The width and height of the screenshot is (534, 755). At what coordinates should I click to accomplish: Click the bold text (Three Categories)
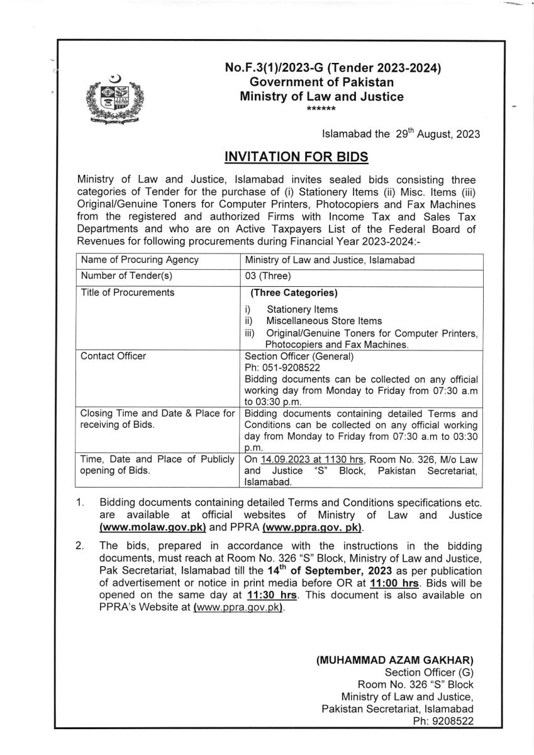click(x=294, y=293)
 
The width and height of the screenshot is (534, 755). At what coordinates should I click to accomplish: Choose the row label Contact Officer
click(x=113, y=356)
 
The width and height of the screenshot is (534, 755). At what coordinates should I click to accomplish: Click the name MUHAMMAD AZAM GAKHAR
click(x=394, y=660)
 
